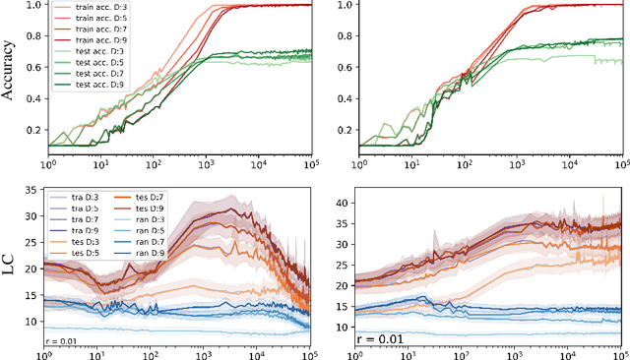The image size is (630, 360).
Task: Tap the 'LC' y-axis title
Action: pos(12,265)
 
